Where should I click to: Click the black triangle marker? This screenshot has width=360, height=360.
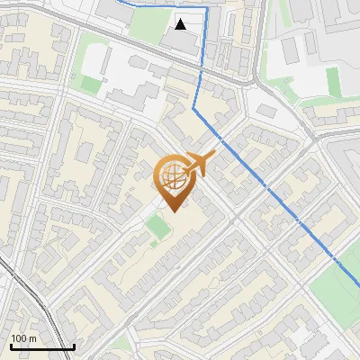click(x=182, y=24)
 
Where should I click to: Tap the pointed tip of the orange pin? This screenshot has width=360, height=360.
click(x=171, y=211)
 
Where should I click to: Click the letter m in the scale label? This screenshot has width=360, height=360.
click(x=32, y=338)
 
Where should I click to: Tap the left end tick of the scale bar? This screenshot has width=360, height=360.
click(x=10, y=345)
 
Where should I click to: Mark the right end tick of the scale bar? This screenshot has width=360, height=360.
click(x=74, y=345)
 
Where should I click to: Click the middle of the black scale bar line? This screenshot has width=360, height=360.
click(x=41, y=346)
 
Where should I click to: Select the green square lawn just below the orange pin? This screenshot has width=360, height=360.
click(x=158, y=228)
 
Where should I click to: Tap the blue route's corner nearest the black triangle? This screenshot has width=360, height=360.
click(x=207, y=7)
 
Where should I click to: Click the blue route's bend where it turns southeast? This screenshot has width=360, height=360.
click(x=193, y=108)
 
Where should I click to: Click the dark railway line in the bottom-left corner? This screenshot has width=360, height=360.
click(x=27, y=297)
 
